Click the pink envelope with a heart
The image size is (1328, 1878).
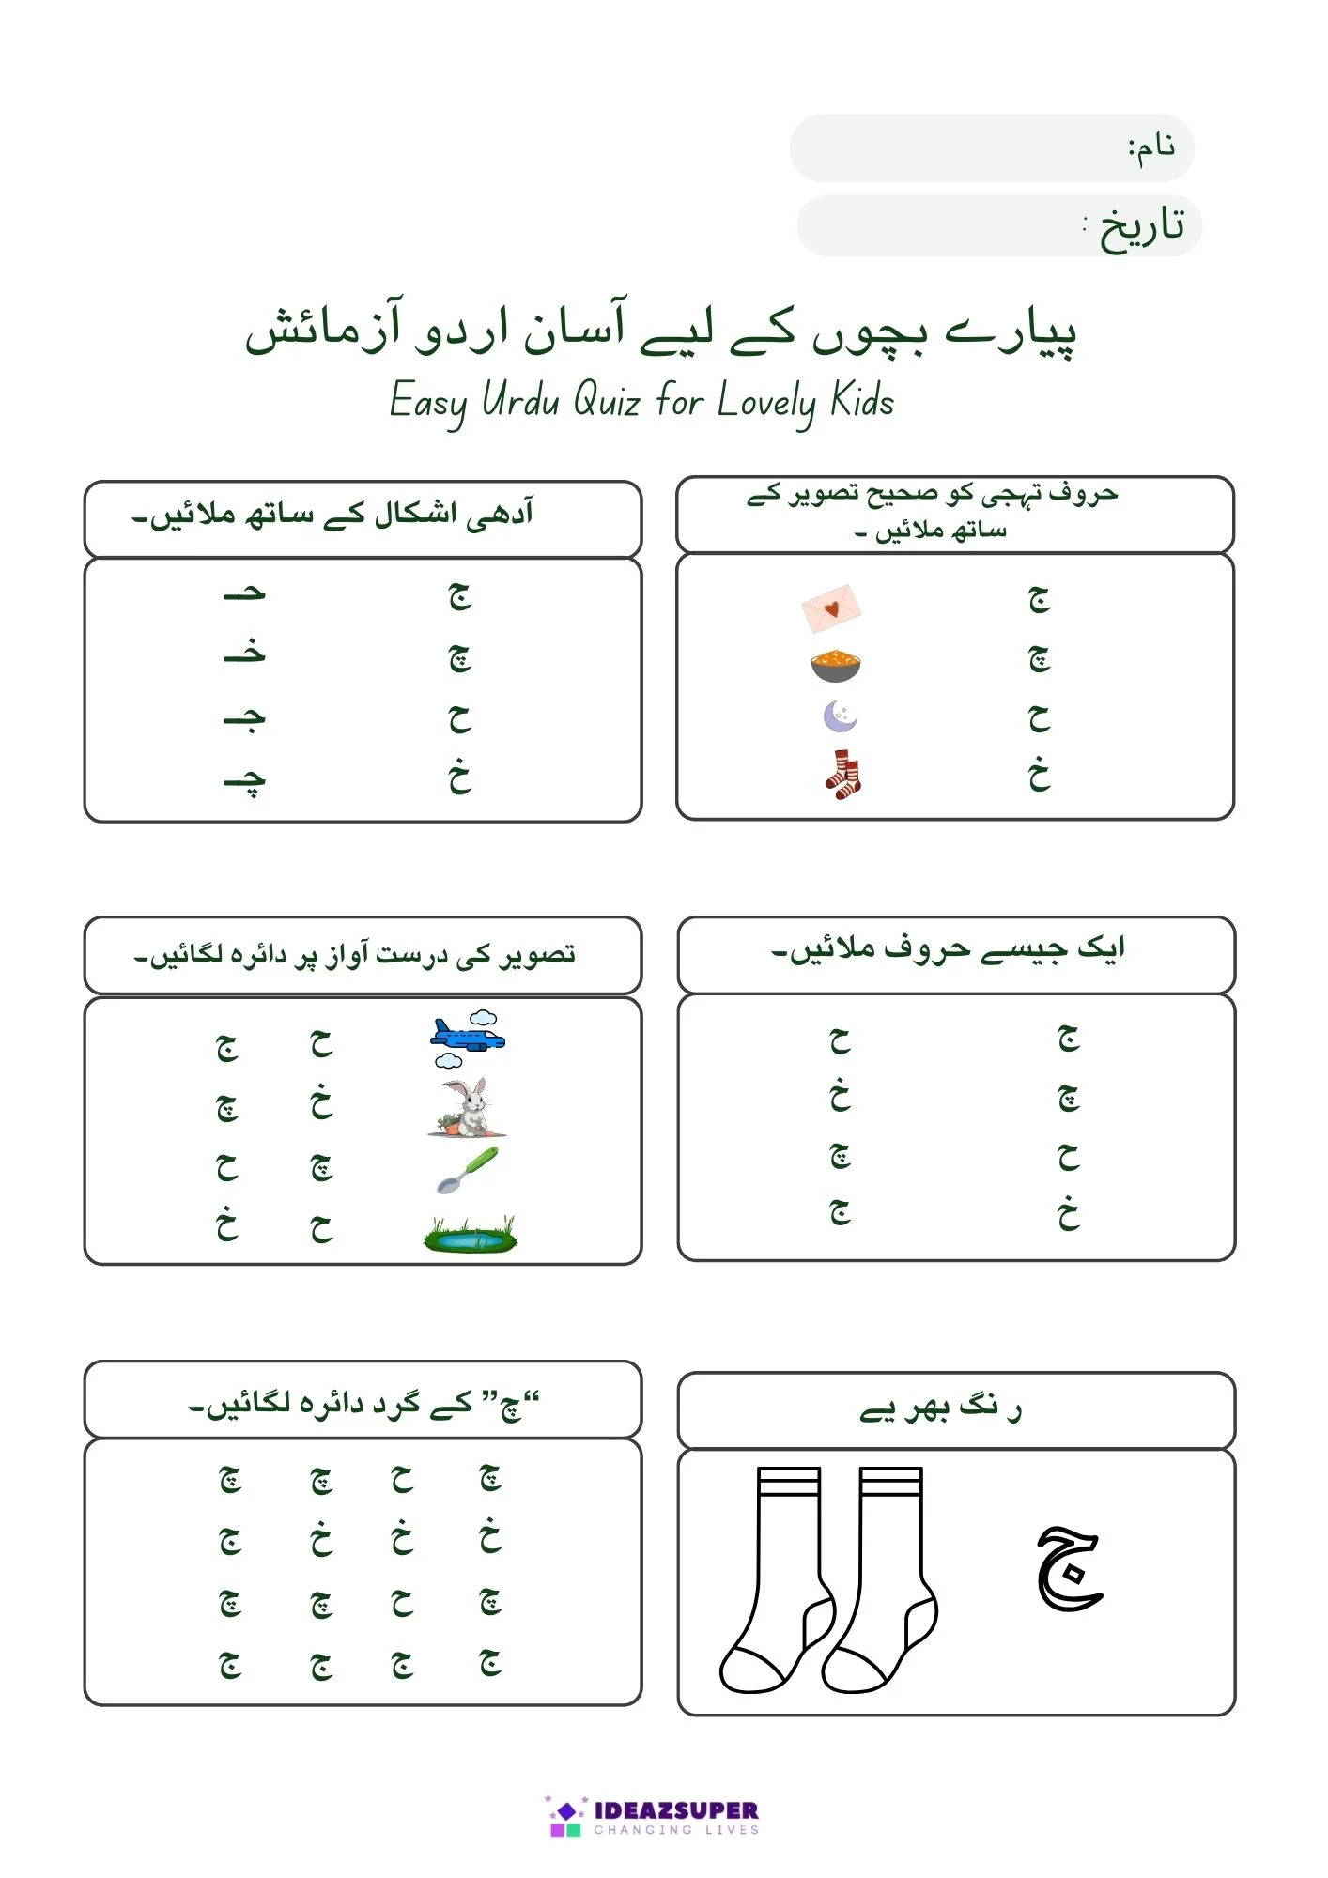[x=831, y=608]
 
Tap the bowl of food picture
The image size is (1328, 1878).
[x=835, y=665]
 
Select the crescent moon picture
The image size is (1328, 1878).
[x=840, y=717]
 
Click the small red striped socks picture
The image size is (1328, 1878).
[x=843, y=775]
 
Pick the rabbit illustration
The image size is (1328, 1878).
[x=468, y=1106]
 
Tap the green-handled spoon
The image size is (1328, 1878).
[x=468, y=1170]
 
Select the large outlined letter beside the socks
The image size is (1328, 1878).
[x=1069, y=1567]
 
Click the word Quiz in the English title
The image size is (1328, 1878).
[x=607, y=402]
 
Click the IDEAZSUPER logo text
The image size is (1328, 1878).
[x=676, y=1809]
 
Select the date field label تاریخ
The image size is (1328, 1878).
[x=1140, y=226]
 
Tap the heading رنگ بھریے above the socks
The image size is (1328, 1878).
[x=940, y=1409]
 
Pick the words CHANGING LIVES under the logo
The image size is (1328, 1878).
[x=676, y=1830]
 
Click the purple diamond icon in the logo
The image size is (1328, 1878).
[x=566, y=1810]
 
